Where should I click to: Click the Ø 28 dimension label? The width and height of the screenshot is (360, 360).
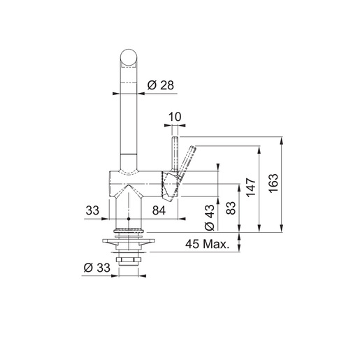pos(160,86)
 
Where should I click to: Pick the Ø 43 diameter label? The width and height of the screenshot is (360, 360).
pos(208,216)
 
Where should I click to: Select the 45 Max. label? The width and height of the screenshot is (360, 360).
pos(209,245)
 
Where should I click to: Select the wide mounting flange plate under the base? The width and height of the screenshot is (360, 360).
pos(129,243)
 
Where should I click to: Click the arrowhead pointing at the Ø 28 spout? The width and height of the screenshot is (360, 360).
pos(140,86)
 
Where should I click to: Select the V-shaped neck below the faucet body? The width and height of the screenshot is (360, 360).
pos(129,203)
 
